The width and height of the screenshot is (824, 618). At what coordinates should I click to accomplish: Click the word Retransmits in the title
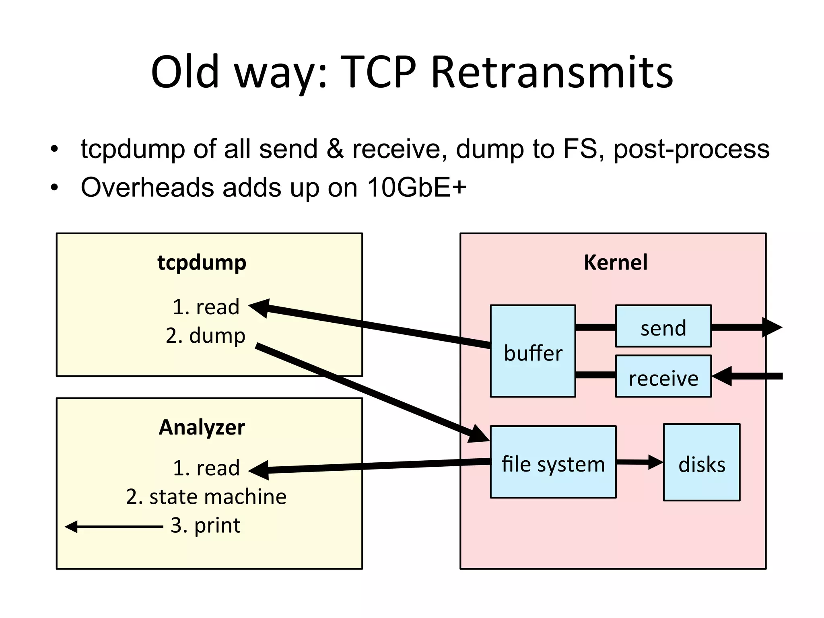(x=552, y=72)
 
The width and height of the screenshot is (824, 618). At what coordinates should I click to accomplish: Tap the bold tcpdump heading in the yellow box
(x=202, y=263)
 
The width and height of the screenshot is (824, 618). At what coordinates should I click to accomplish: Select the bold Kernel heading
(x=616, y=262)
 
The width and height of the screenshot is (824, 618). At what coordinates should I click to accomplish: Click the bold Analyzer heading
(x=202, y=427)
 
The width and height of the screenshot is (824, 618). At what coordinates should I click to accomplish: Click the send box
(x=663, y=327)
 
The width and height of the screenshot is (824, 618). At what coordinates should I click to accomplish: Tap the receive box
(x=663, y=377)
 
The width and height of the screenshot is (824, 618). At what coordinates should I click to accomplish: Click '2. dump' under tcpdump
(x=206, y=336)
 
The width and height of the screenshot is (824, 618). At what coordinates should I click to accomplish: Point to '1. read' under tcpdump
(x=206, y=307)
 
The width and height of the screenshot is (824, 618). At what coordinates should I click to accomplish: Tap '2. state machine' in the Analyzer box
(x=206, y=496)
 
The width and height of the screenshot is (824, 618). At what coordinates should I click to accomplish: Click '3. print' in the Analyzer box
(x=206, y=525)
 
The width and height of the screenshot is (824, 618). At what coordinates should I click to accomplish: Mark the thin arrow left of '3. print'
(x=113, y=526)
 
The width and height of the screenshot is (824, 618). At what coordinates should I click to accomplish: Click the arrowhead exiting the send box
(x=772, y=327)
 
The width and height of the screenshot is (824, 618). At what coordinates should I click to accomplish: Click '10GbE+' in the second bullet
(x=416, y=187)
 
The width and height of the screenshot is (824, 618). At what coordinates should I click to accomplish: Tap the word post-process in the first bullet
(x=691, y=149)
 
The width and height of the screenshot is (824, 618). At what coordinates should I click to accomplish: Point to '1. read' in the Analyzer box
(x=206, y=468)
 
